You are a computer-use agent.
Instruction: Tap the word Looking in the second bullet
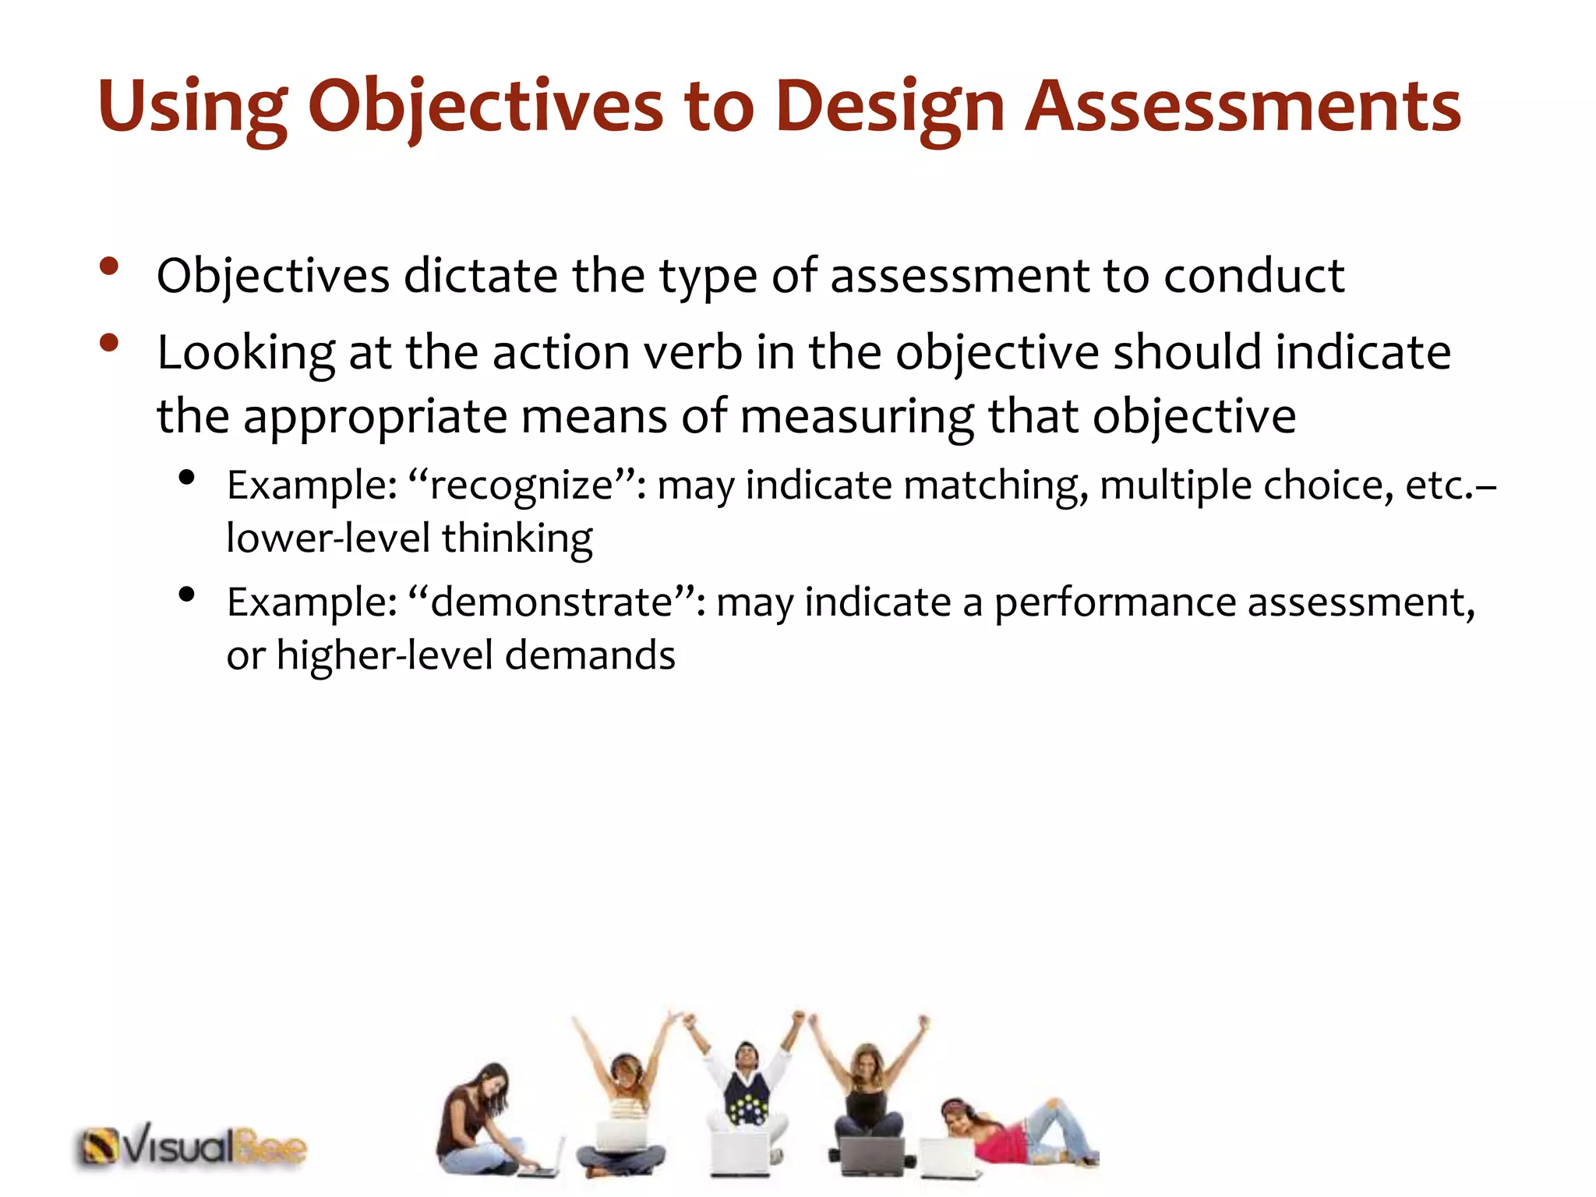245,352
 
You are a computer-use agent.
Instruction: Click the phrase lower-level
327,538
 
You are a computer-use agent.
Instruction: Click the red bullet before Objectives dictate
109,267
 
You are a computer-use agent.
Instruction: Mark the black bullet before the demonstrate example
185,595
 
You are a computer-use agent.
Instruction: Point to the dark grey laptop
873,1156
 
